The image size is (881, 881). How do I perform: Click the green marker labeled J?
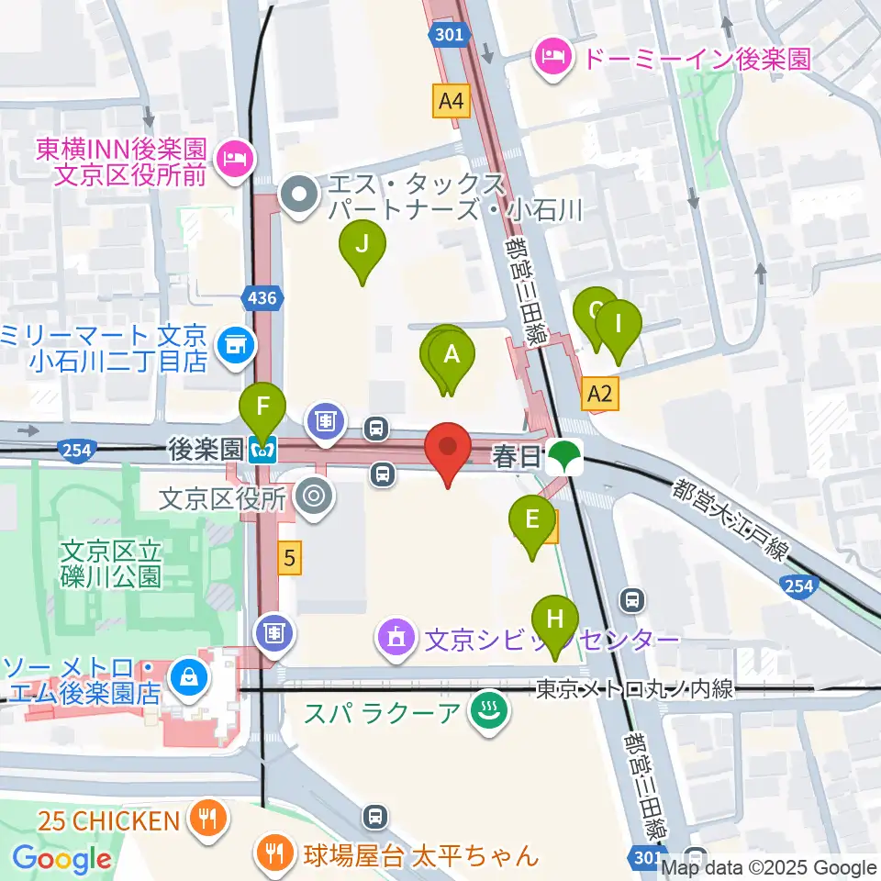click(x=362, y=245)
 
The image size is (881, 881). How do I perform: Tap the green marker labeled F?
click(x=262, y=405)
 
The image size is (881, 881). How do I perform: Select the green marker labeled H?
click(x=555, y=619)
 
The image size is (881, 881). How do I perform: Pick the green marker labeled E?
click(x=531, y=520)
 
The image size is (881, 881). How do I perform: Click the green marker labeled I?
click(x=619, y=324)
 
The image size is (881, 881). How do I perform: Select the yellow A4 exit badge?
click(x=452, y=100)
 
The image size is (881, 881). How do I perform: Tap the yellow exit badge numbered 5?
click(x=290, y=557)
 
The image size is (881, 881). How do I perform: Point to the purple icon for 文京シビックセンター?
click(x=397, y=637)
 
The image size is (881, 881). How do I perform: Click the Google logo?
click(x=61, y=859)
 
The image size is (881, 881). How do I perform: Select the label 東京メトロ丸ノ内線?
click(x=635, y=688)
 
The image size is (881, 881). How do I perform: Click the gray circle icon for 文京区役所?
click(x=313, y=497)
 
